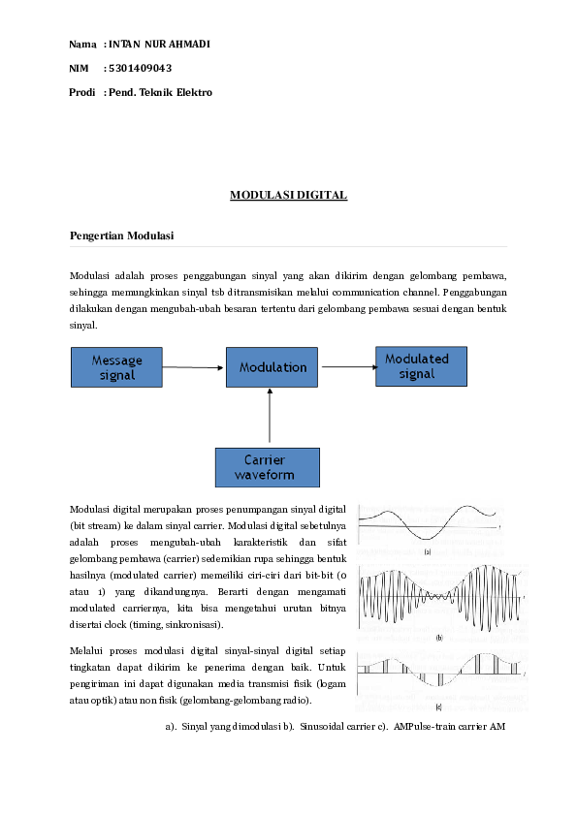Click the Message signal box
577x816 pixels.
[117, 367]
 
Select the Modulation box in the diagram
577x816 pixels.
[272, 367]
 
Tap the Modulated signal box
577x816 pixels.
[421, 366]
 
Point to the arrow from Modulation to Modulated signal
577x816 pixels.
[347, 366]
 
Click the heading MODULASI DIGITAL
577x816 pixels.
[288, 196]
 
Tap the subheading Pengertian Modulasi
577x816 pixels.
[122, 236]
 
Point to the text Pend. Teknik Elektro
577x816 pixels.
[160, 92]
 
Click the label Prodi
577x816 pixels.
[82, 92]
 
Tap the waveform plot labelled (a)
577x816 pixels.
[429, 523]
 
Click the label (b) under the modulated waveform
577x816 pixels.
[439, 638]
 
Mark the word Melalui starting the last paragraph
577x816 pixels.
[89, 649]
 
